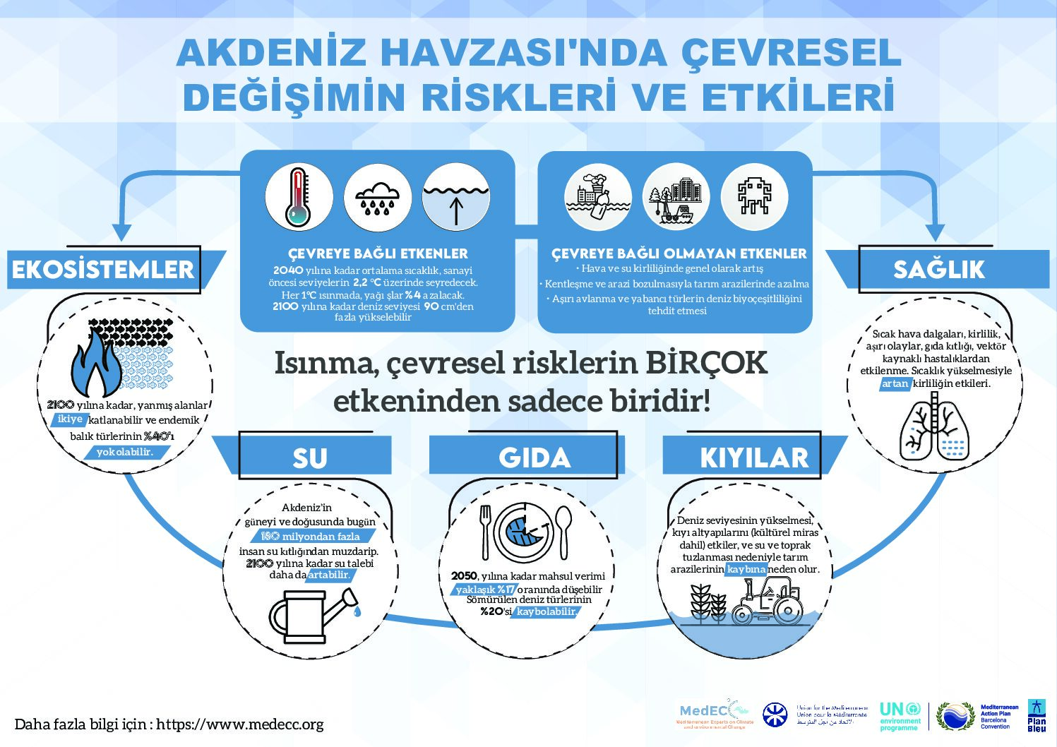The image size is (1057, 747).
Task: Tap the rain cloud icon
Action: point(378,198)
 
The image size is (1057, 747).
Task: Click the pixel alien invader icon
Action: point(754,197)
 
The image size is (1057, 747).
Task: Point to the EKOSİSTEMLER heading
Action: point(103,270)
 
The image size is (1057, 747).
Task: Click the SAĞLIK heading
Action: point(938,269)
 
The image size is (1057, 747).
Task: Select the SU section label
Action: point(310,458)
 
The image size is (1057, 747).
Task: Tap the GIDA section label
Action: point(535,458)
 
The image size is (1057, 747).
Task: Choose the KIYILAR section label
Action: point(754,458)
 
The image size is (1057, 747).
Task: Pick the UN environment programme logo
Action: point(900,715)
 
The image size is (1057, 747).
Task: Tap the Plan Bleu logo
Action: point(1037,715)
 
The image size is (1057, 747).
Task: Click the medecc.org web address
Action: point(240,724)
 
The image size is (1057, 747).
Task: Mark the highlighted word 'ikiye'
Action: point(70,419)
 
